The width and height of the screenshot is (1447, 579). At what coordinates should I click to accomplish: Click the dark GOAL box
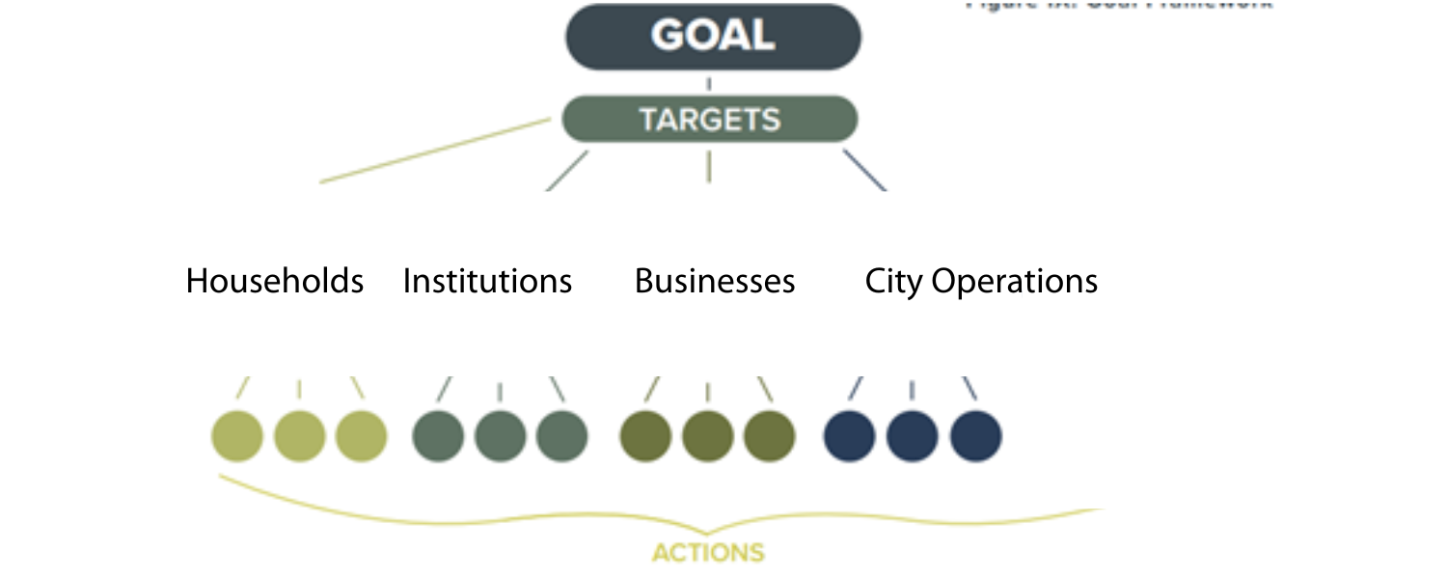pos(712,37)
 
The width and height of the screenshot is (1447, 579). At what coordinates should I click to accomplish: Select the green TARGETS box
pos(709,120)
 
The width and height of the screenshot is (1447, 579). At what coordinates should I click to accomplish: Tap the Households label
pos(275,282)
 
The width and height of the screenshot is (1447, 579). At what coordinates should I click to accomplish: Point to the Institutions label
pos(487,282)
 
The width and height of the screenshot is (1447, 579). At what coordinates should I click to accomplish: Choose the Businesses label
pos(715,282)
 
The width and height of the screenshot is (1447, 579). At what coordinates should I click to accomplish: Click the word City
pos(893,282)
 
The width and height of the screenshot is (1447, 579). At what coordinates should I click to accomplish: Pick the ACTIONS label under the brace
pos(708,553)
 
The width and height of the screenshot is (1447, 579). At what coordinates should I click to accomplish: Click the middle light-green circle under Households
pos(300,436)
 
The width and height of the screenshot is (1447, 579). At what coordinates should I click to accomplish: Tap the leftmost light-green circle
pos(237,436)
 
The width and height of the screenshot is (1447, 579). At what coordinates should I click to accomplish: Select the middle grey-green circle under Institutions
pos(500,436)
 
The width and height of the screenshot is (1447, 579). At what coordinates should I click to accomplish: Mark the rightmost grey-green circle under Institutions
pos(561,436)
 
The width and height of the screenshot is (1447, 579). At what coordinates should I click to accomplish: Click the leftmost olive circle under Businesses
pos(645,436)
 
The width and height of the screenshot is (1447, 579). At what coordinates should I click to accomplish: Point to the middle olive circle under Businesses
pos(708,436)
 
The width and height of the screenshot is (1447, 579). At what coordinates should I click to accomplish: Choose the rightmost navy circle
pos(975,436)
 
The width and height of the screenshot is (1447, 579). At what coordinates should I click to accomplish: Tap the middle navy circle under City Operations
pos(912,436)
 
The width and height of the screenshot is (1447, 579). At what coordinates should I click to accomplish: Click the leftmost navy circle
pos(849,436)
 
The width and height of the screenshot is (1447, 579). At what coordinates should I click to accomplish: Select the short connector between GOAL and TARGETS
pos(709,84)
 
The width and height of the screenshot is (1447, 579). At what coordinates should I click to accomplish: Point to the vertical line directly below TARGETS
pos(709,166)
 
